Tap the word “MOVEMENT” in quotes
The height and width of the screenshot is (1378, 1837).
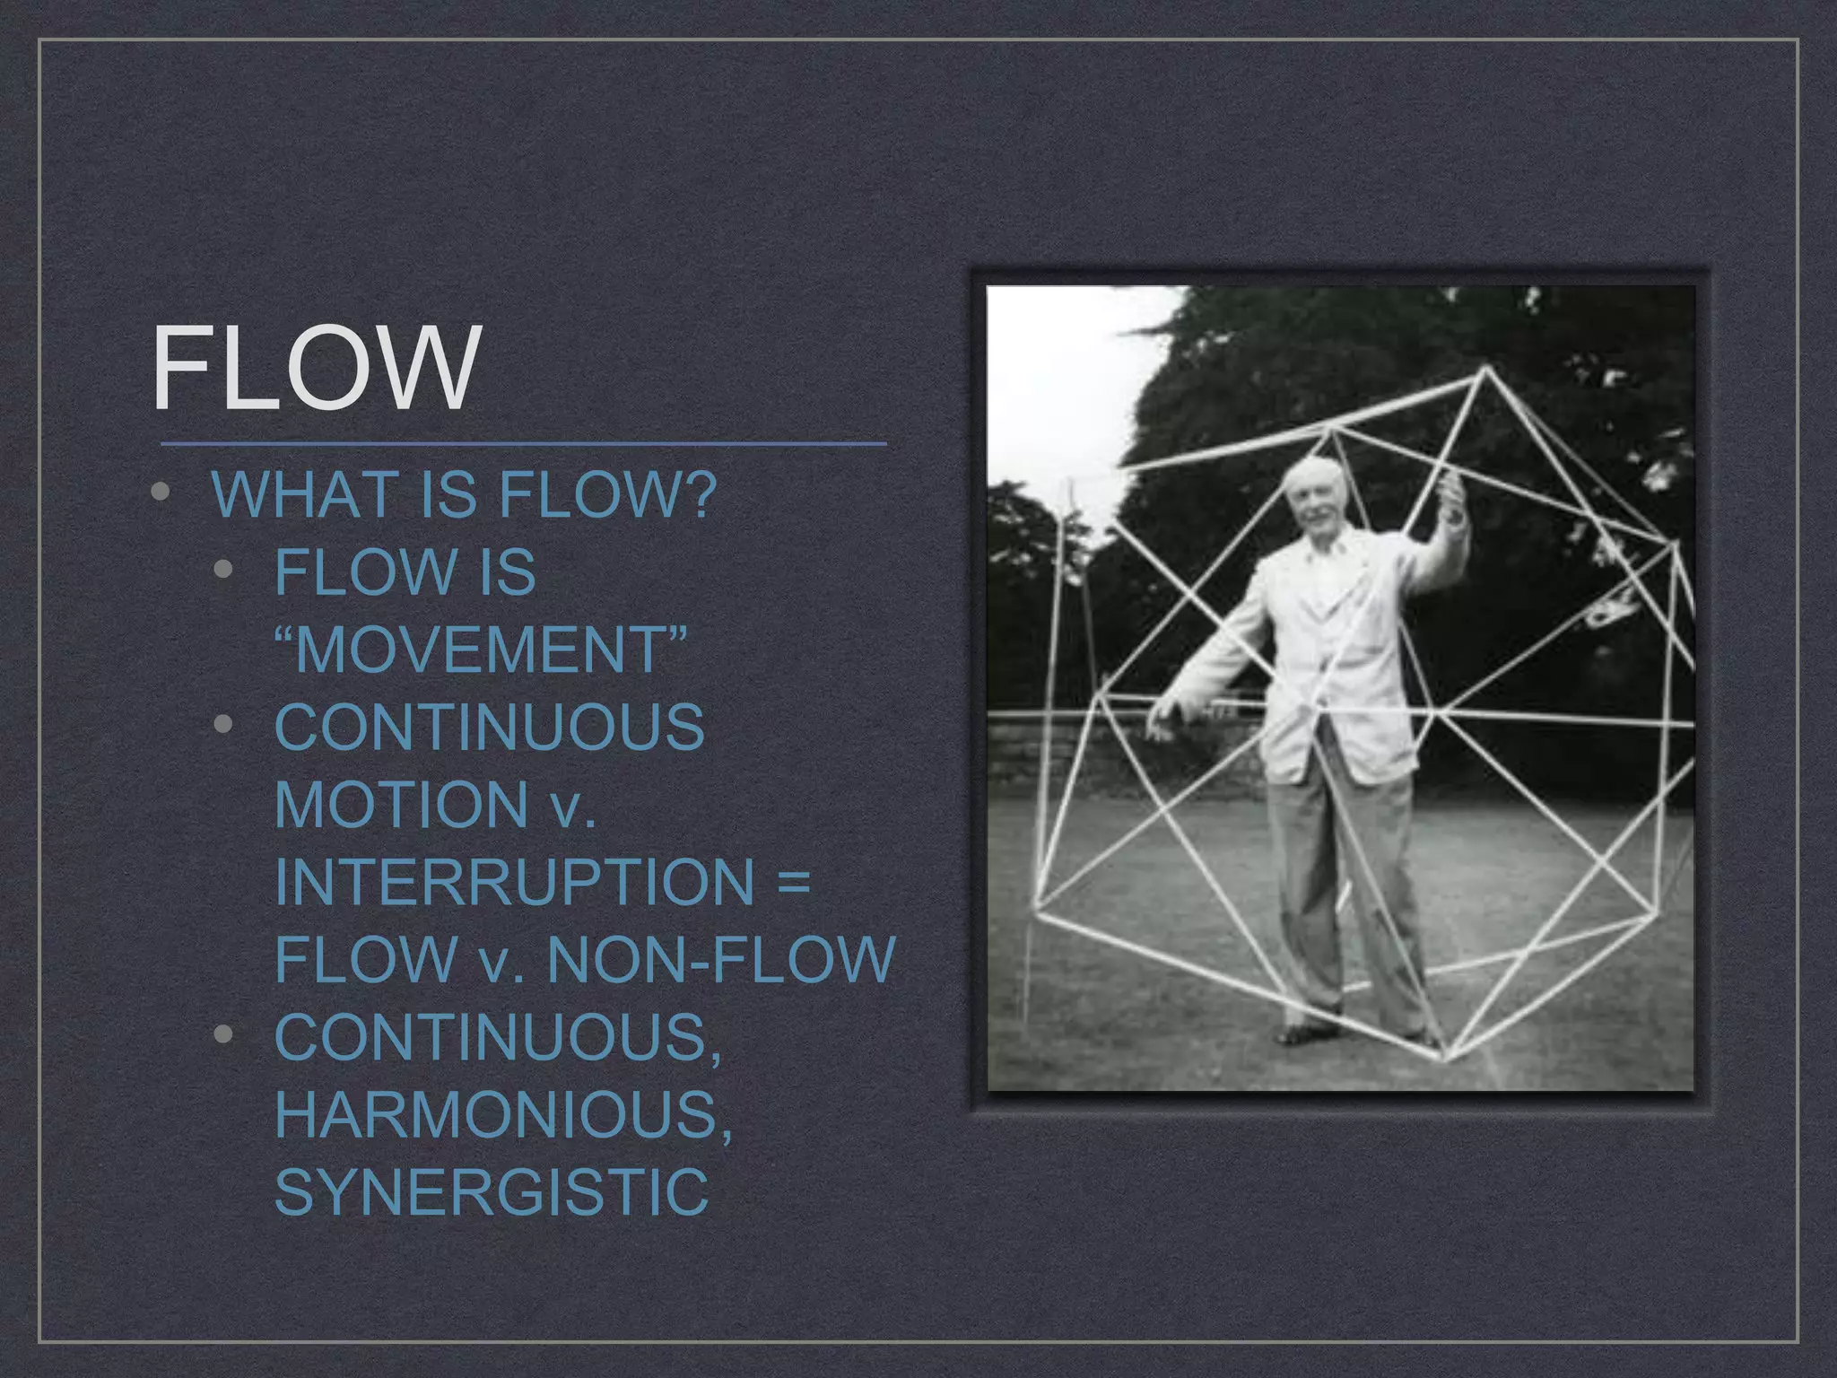480,650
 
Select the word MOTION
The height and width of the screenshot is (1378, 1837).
401,805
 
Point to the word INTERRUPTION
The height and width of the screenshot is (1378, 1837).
514,882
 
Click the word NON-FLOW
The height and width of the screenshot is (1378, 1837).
721,959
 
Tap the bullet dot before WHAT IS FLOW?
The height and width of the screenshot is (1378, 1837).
161,493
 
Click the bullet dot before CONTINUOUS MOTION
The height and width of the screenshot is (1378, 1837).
224,724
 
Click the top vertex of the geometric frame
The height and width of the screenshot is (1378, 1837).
1486,369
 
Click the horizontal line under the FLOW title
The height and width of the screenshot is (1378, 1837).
523,443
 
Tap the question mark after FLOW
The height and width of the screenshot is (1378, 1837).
700,494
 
